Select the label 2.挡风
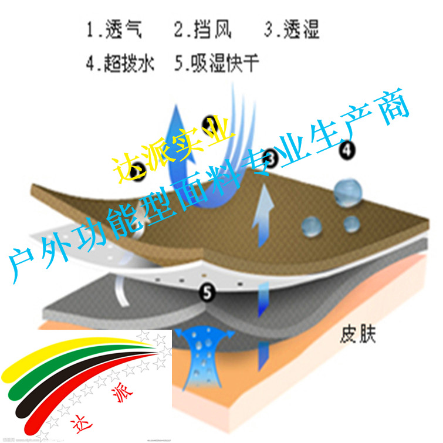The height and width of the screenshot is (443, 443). (x=202, y=29)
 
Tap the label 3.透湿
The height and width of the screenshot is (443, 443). (x=292, y=29)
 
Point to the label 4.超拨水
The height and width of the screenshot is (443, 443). (x=120, y=63)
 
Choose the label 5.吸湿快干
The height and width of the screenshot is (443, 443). (x=217, y=63)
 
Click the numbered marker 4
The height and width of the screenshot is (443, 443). (x=347, y=150)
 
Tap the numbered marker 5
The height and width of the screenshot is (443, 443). (x=206, y=290)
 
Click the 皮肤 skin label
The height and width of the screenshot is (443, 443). (x=357, y=336)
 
